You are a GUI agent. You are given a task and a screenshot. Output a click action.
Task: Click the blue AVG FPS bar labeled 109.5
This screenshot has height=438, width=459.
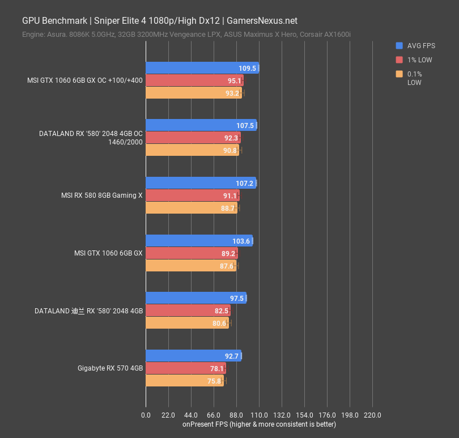pyautogui.click(x=202, y=68)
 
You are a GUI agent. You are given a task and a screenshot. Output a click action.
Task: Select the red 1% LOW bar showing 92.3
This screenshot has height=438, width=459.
pyautogui.click(x=193, y=138)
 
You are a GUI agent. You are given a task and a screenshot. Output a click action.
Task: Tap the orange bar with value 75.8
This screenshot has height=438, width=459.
pyautogui.click(x=184, y=381)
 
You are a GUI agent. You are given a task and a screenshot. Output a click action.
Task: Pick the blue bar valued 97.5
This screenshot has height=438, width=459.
pyautogui.click(x=195, y=298)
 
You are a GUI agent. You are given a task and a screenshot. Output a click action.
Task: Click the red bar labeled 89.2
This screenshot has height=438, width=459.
pyautogui.click(x=191, y=253)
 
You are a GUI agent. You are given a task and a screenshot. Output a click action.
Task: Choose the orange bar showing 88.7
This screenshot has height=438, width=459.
pyautogui.click(x=191, y=208)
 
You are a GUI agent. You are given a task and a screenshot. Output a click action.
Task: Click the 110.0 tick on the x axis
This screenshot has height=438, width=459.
pyautogui.click(x=259, y=415)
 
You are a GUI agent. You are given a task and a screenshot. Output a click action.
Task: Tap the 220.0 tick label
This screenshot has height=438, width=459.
pyautogui.click(x=372, y=415)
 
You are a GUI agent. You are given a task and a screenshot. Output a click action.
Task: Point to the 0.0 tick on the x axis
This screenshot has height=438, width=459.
pyautogui.click(x=146, y=415)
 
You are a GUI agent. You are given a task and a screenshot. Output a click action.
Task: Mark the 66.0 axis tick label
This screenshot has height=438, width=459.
pyautogui.click(x=214, y=415)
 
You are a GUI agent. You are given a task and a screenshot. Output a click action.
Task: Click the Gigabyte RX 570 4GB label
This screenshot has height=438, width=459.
pyautogui.click(x=110, y=368)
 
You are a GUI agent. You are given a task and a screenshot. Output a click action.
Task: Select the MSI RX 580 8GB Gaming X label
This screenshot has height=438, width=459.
pyautogui.click(x=102, y=195)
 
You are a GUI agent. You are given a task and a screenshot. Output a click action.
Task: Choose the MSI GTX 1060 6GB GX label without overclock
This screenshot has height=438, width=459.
pyautogui.click(x=108, y=253)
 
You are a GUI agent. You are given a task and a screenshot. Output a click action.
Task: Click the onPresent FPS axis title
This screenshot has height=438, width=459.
pyautogui.click(x=259, y=424)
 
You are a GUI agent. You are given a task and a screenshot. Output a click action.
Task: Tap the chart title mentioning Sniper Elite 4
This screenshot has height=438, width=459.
pyautogui.click(x=159, y=21)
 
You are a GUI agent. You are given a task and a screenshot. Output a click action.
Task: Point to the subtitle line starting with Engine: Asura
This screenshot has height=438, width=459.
pyautogui.click(x=186, y=35)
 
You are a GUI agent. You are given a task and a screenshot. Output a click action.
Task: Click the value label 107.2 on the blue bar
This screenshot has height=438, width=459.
pyautogui.click(x=244, y=184)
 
